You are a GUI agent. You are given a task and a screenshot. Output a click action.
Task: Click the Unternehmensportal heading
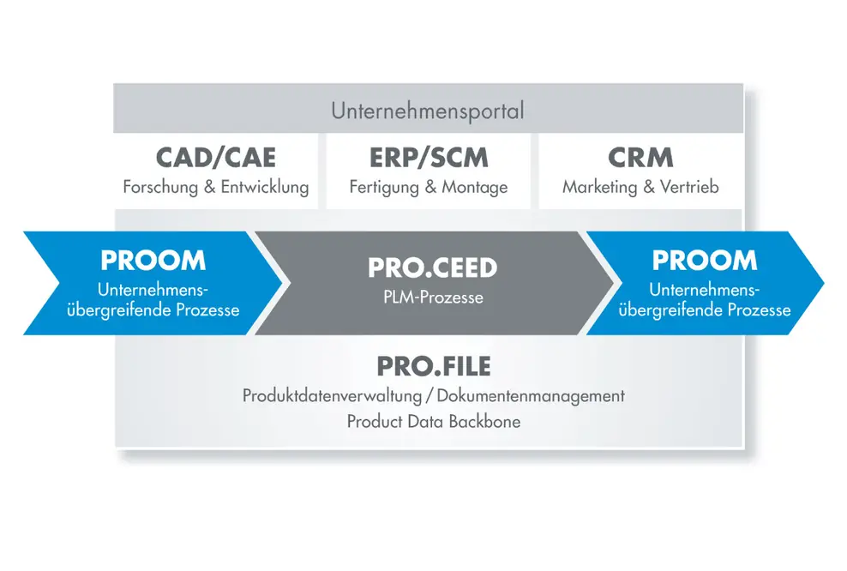pos(428,111)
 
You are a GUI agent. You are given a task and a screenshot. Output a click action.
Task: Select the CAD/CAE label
pos(216,158)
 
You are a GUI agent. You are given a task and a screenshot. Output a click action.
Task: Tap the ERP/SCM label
pos(429,158)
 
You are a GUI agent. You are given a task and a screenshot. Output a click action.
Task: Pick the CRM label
pos(640,158)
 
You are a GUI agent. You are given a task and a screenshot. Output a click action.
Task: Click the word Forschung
pos(160,188)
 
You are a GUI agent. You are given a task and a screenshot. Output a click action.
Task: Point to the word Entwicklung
pos(265,188)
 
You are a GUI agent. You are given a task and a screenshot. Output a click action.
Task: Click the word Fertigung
pos(384,188)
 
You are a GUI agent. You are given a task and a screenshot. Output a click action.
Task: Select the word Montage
pos(475,188)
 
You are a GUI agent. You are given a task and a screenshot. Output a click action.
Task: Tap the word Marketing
pos(599,188)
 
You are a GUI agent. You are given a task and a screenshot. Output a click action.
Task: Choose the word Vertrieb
pos(689,187)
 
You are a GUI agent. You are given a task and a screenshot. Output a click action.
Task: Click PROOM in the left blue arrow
pos(153,261)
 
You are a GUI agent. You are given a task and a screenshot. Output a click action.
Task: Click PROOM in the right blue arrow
pos(705,261)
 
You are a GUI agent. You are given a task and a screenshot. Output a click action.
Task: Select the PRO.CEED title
pos(433,268)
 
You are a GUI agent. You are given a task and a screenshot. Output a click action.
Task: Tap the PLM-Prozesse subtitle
pos(433,298)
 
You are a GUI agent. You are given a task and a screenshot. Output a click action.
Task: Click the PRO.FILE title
pos(434,366)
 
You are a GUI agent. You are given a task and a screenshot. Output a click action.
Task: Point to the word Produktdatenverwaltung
pos(333,396)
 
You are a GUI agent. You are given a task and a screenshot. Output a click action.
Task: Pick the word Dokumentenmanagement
pos(531,396)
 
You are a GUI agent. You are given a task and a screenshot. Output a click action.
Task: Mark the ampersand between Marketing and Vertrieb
pos(649,187)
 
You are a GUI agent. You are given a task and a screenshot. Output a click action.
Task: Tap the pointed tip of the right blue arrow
pos(823,283)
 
